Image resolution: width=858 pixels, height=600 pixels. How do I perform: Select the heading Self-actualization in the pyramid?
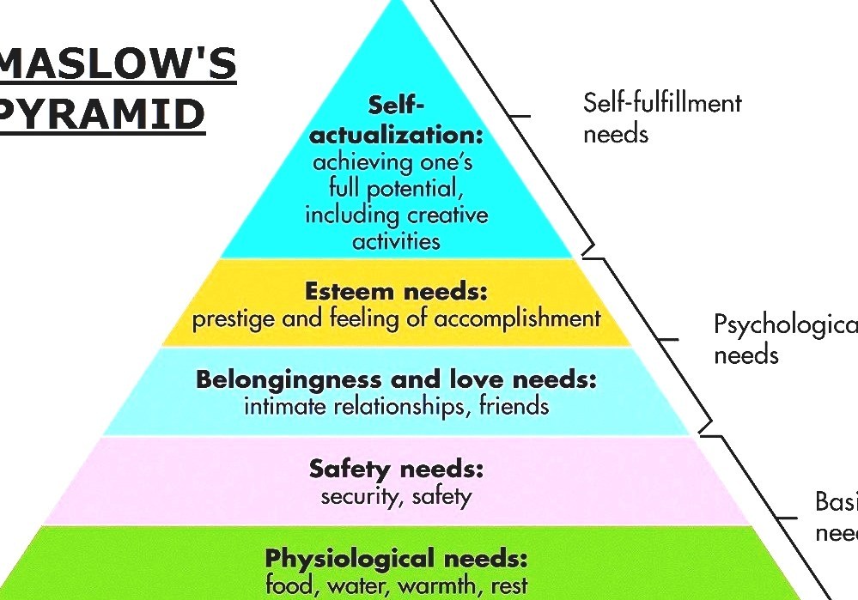click(396, 120)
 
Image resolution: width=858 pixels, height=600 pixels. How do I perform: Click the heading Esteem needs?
click(396, 292)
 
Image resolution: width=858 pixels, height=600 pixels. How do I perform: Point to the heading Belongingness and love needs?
click(396, 379)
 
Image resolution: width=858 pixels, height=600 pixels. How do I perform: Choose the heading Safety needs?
click(396, 469)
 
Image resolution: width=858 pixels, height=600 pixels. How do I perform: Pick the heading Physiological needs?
click(396, 559)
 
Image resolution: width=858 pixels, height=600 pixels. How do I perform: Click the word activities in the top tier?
click(396, 240)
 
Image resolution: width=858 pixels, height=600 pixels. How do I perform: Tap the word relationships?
click(391, 405)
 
